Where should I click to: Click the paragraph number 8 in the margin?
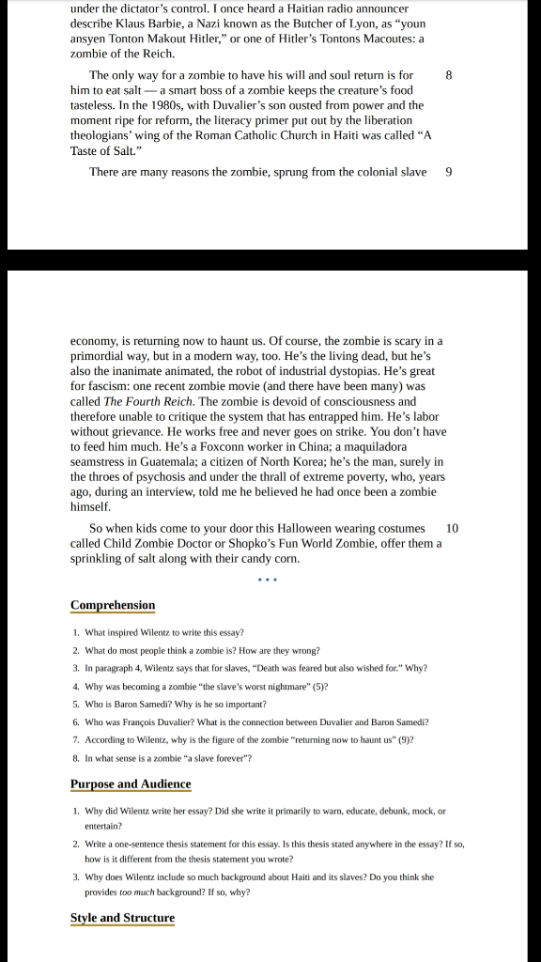coord(449,74)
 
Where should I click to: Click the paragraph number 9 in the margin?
coord(449,172)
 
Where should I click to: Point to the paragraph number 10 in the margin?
coord(452,529)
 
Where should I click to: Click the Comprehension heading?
coord(113,605)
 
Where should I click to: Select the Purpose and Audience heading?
coord(131,784)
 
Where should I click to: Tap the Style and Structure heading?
coord(122,918)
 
